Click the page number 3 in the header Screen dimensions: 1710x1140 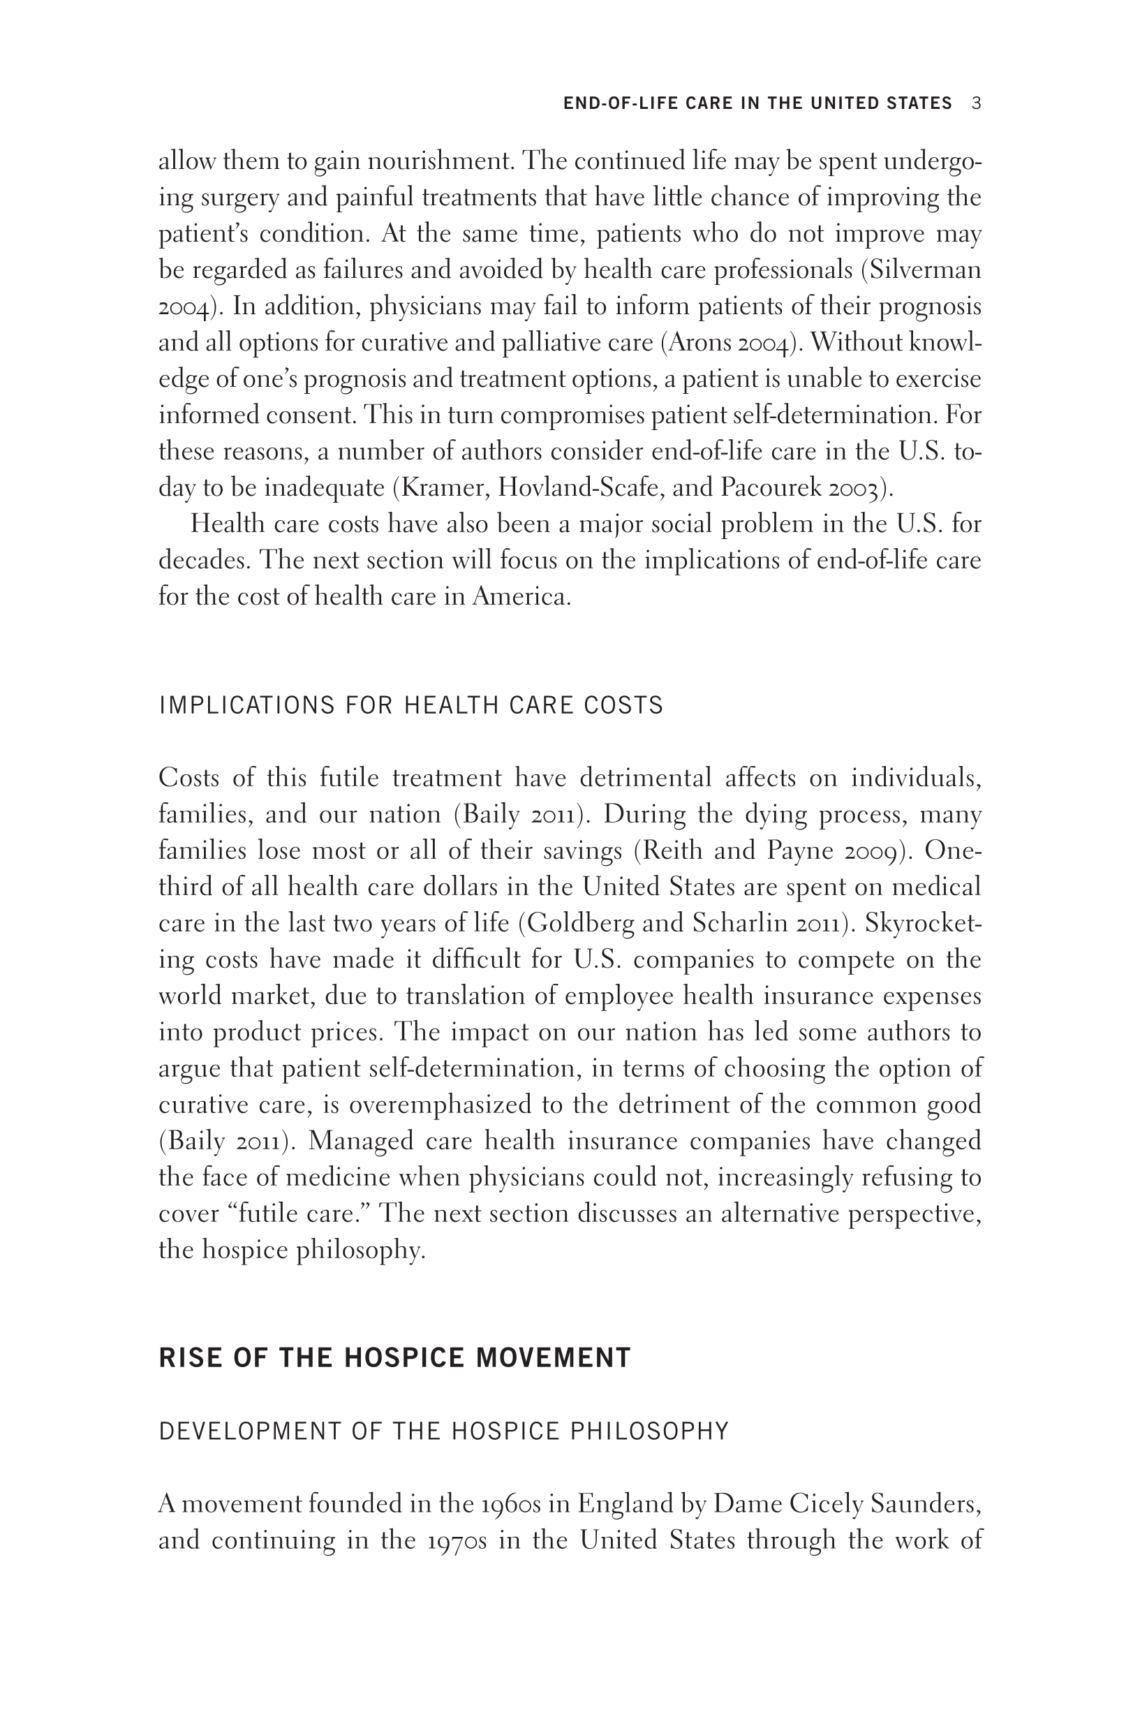(977, 104)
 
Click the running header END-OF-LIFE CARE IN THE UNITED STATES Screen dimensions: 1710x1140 (757, 104)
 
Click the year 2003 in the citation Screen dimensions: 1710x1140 (853, 488)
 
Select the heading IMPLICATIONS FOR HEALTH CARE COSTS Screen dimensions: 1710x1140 (410, 705)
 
